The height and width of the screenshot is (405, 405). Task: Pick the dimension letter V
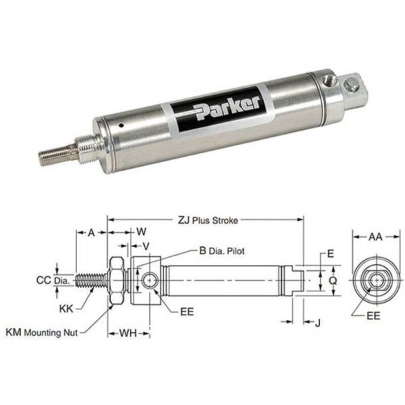[x=146, y=246]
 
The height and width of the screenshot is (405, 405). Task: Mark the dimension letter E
[x=329, y=254]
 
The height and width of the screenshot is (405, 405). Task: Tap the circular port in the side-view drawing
[x=151, y=281]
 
